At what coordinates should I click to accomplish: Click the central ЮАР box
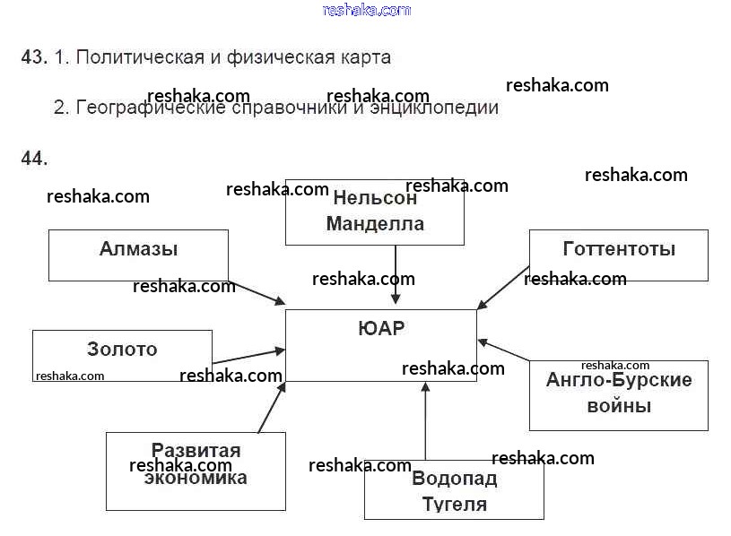(380, 344)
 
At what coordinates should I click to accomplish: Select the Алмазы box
(138, 255)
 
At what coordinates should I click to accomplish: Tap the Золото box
(122, 354)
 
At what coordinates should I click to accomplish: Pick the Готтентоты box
(618, 255)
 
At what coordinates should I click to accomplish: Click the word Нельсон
(375, 199)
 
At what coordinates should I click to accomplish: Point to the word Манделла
(375, 224)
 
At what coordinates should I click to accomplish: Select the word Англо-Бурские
(619, 380)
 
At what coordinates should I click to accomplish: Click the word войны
(619, 406)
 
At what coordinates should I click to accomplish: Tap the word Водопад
(454, 479)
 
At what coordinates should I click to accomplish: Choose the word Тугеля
(454, 504)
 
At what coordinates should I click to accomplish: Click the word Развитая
(196, 450)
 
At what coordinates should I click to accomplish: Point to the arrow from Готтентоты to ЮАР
(503, 287)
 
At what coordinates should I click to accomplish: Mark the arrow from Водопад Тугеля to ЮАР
(425, 420)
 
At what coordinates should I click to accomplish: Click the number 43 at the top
(33, 57)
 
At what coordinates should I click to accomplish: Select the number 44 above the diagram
(33, 159)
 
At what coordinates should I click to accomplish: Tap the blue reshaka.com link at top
(366, 10)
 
